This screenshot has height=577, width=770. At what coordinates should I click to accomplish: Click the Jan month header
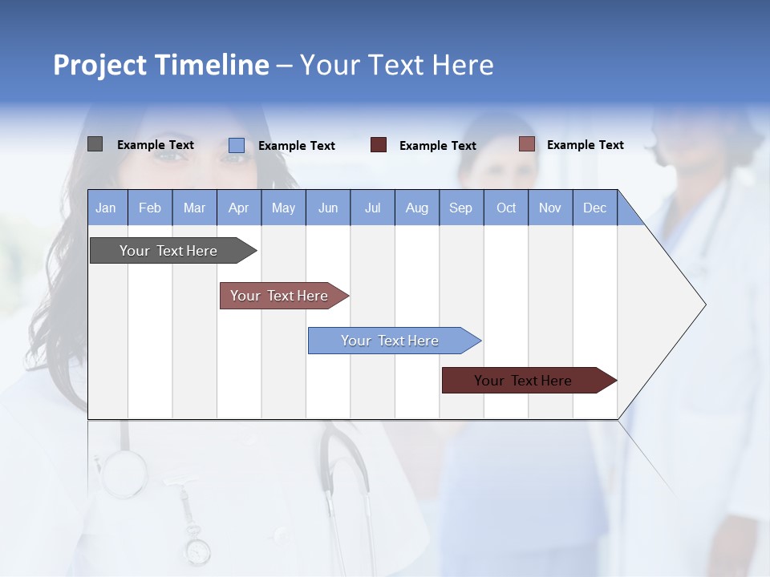pos(106,208)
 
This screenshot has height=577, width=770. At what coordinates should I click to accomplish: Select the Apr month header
pos(238,208)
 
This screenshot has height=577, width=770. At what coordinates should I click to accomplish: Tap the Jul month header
pos(372,208)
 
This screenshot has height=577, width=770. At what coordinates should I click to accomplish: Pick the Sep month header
pos(460,208)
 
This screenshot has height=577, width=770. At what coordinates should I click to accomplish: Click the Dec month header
pos(594,208)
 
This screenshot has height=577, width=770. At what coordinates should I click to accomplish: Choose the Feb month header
pos(149,208)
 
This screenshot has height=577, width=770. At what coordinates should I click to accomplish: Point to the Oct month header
pos(506,208)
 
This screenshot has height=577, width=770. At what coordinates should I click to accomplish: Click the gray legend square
pos(95,144)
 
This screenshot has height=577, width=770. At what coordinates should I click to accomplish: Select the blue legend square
pos(236,145)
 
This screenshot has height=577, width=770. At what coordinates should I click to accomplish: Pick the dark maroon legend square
pos(379,145)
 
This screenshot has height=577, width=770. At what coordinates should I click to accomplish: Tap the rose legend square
pos(526,144)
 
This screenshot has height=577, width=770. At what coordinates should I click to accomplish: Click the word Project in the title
pos(99,65)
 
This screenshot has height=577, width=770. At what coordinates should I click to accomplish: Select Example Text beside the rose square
pos(585,145)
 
